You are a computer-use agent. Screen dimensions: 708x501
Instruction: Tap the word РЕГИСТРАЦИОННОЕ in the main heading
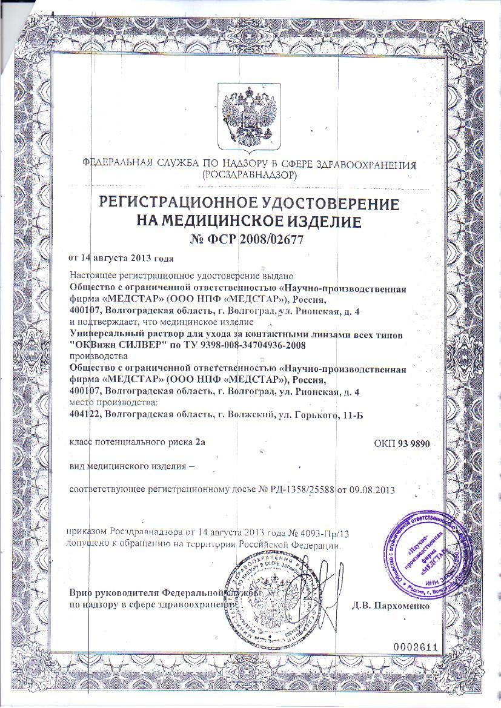(x=181, y=203)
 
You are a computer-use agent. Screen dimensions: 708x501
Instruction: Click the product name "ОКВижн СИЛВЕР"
(x=109, y=345)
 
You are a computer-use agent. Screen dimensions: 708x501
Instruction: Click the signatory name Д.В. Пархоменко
(x=391, y=605)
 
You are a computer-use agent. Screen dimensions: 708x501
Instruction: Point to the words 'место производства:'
(x=113, y=402)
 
